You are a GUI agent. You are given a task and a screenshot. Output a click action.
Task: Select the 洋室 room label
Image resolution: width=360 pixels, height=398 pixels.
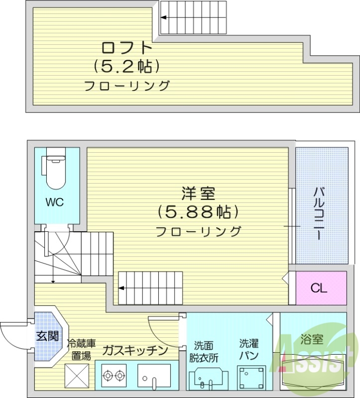tap(198, 193)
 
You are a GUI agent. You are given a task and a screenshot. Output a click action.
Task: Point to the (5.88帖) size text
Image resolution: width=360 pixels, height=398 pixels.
tap(198, 212)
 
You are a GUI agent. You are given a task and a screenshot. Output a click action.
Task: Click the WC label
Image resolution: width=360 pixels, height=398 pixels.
tap(55, 202)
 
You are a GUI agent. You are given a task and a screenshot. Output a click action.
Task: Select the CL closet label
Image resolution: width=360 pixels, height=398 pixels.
tap(319, 288)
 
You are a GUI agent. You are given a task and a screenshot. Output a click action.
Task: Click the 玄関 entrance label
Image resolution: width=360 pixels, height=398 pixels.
tap(47, 336)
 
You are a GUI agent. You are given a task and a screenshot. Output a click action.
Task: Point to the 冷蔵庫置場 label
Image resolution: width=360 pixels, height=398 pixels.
tap(81, 349)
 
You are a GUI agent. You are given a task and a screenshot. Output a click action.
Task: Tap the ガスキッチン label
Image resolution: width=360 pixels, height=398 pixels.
tap(135, 350)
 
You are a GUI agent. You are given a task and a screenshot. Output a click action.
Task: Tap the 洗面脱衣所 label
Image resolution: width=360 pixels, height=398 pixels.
tap(204, 351)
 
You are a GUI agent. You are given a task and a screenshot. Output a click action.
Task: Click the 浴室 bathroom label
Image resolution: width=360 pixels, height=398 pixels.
tap(312, 340)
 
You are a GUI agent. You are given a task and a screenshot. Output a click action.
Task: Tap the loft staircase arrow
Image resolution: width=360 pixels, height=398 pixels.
tap(164, 18)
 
